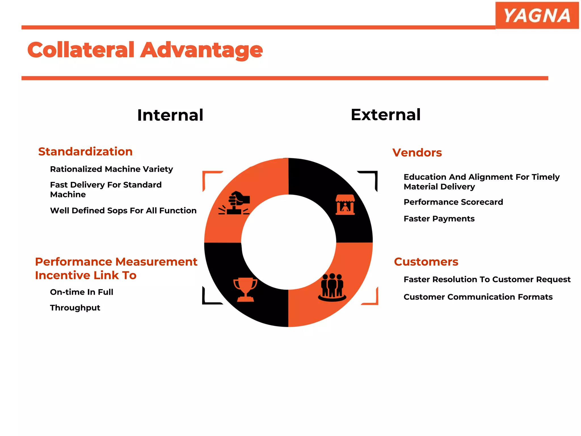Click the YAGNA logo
tap(537, 15)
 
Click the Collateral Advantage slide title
tap(145, 50)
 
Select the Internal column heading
tap(170, 115)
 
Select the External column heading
tap(386, 115)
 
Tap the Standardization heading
tap(85, 152)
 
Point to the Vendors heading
tap(417, 153)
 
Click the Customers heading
tap(426, 262)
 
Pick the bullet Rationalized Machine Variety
tap(111, 169)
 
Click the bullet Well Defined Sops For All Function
tap(123, 211)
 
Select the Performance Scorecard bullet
tap(453, 202)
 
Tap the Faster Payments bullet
tap(439, 219)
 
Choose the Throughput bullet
tap(75, 308)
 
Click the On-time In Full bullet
tap(82, 292)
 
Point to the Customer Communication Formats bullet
tap(478, 297)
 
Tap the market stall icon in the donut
tap(345, 205)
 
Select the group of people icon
tap(332, 287)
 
